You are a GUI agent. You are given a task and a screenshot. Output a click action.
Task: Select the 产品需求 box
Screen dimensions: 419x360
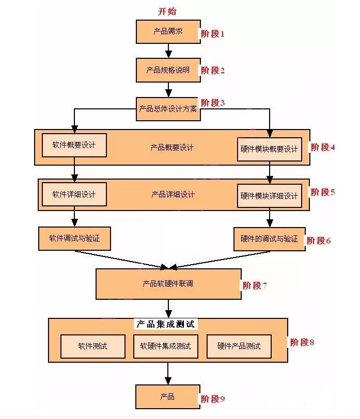(168, 32)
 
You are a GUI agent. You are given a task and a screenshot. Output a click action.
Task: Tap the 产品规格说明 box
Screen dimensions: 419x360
(168, 70)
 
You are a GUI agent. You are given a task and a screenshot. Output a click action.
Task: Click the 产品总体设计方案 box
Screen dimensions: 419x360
(168, 109)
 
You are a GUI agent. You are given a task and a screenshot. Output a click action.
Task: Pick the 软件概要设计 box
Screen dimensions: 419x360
(74, 146)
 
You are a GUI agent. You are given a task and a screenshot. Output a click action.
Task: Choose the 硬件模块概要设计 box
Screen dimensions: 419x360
(269, 149)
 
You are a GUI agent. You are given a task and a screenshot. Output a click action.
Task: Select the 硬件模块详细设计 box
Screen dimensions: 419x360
(269, 196)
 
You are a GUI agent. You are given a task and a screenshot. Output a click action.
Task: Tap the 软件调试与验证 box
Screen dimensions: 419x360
(74, 238)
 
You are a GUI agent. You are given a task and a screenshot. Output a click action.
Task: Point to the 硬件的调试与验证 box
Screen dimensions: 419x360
(269, 239)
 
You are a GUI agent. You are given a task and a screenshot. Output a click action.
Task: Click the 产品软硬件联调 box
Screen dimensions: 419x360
(168, 284)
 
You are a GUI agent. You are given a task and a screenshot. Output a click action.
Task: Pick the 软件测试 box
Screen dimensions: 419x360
(93, 346)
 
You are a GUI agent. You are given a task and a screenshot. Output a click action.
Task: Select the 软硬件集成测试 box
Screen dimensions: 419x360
(165, 346)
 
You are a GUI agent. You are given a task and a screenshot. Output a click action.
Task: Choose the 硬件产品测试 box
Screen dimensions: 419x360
(239, 346)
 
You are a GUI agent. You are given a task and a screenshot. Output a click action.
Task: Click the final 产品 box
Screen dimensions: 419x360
(168, 396)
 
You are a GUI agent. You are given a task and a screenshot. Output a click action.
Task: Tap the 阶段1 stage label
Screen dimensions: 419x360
(213, 34)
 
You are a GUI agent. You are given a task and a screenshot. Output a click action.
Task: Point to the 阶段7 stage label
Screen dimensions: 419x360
(255, 285)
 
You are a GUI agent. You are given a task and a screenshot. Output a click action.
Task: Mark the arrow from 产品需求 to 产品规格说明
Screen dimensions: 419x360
(168, 51)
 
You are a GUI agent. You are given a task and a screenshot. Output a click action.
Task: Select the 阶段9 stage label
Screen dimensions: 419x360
(213, 398)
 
